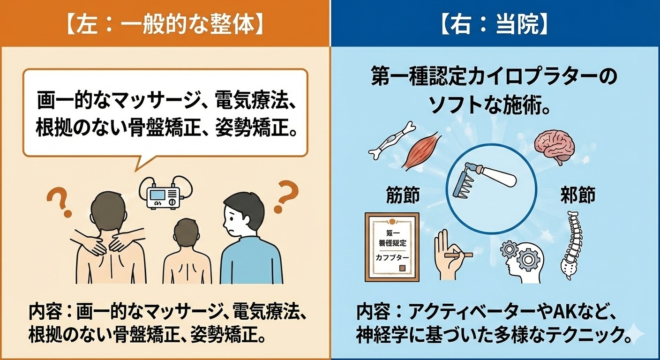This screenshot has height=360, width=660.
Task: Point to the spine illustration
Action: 573,246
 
